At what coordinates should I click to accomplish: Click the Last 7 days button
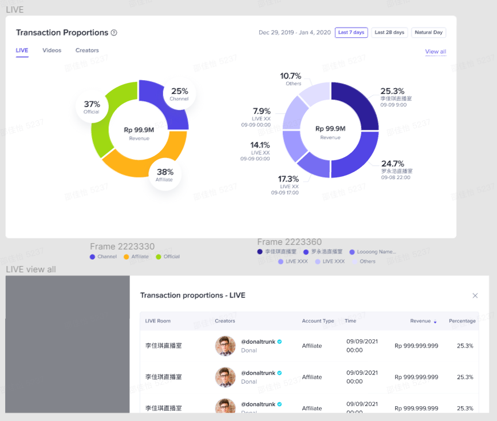pyautogui.click(x=351, y=33)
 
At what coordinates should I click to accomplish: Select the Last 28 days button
pyautogui.click(x=389, y=33)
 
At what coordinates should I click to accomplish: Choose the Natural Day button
pyautogui.click(x=428, y=33)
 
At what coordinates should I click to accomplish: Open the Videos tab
pyautogui.click(x=52, y=50)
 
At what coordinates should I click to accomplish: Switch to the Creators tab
pyautogui.click(x=87, y=50)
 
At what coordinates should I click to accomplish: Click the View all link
pyautogui.click(x=435, y=51)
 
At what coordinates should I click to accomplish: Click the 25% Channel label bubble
pyautogui.click(x=179, y=94)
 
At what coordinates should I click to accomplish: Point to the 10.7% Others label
pyautogui.click(x=290, y=76)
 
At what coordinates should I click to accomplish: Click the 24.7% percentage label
pyautogui.click(x=393, y=164)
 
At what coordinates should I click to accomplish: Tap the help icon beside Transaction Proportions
pyautogui.click(x=114, y=33)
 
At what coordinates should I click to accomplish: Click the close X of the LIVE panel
pyautogui.click(x=475, y=295)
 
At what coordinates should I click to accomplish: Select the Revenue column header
pyautogui.click(x=420, y=321)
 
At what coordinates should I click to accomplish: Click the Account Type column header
pyautogui.click(x=318, y=321)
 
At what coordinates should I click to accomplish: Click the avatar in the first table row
pyautogui.click(x=226, y=345)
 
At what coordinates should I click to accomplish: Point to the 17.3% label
pyautogui.click(x=289, y=179)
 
